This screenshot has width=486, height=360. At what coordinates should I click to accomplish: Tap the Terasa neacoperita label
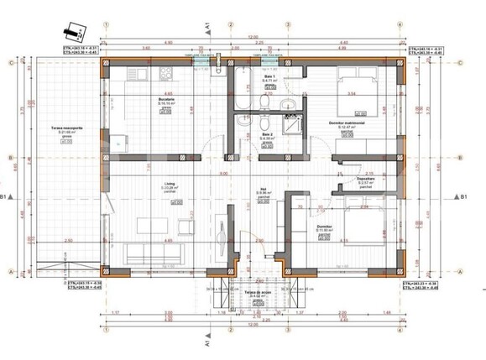58,128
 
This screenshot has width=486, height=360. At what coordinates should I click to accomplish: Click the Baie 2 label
267,134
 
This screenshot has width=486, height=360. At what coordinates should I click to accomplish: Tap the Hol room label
262,190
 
